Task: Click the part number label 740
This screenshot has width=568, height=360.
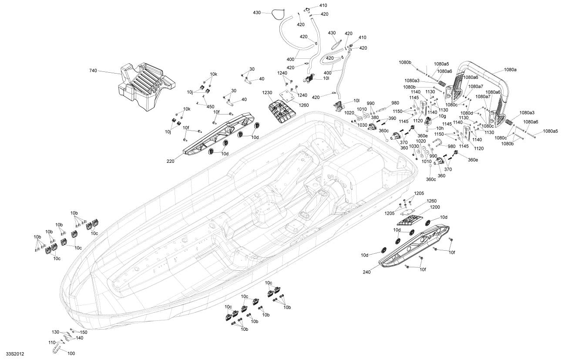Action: point(93,71)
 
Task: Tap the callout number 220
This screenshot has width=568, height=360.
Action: point(170,161)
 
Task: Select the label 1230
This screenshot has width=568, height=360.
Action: point(267,93)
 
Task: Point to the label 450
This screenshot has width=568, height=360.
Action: point(211,107)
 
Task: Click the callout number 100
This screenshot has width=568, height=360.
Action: point(71,353)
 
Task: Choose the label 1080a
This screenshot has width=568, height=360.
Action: point(511,70)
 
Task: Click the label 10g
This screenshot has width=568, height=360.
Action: point(442,117)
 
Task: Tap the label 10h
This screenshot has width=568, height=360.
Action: point(440,129)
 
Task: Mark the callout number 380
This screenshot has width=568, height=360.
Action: point(374,118)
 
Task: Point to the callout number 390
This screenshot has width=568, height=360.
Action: point(393,119)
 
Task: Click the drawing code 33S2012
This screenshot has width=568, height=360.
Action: point(15,354)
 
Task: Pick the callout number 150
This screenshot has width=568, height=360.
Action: point(83,333)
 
